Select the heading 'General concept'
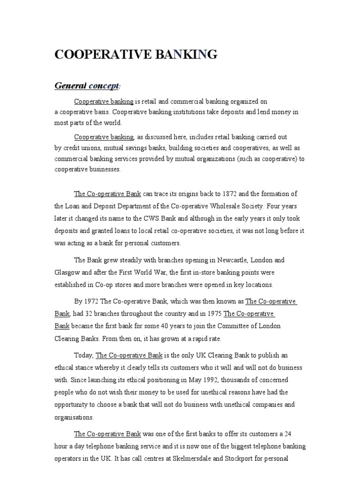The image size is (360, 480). [x=87, y=86]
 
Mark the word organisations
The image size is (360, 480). [x=74, y=417]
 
